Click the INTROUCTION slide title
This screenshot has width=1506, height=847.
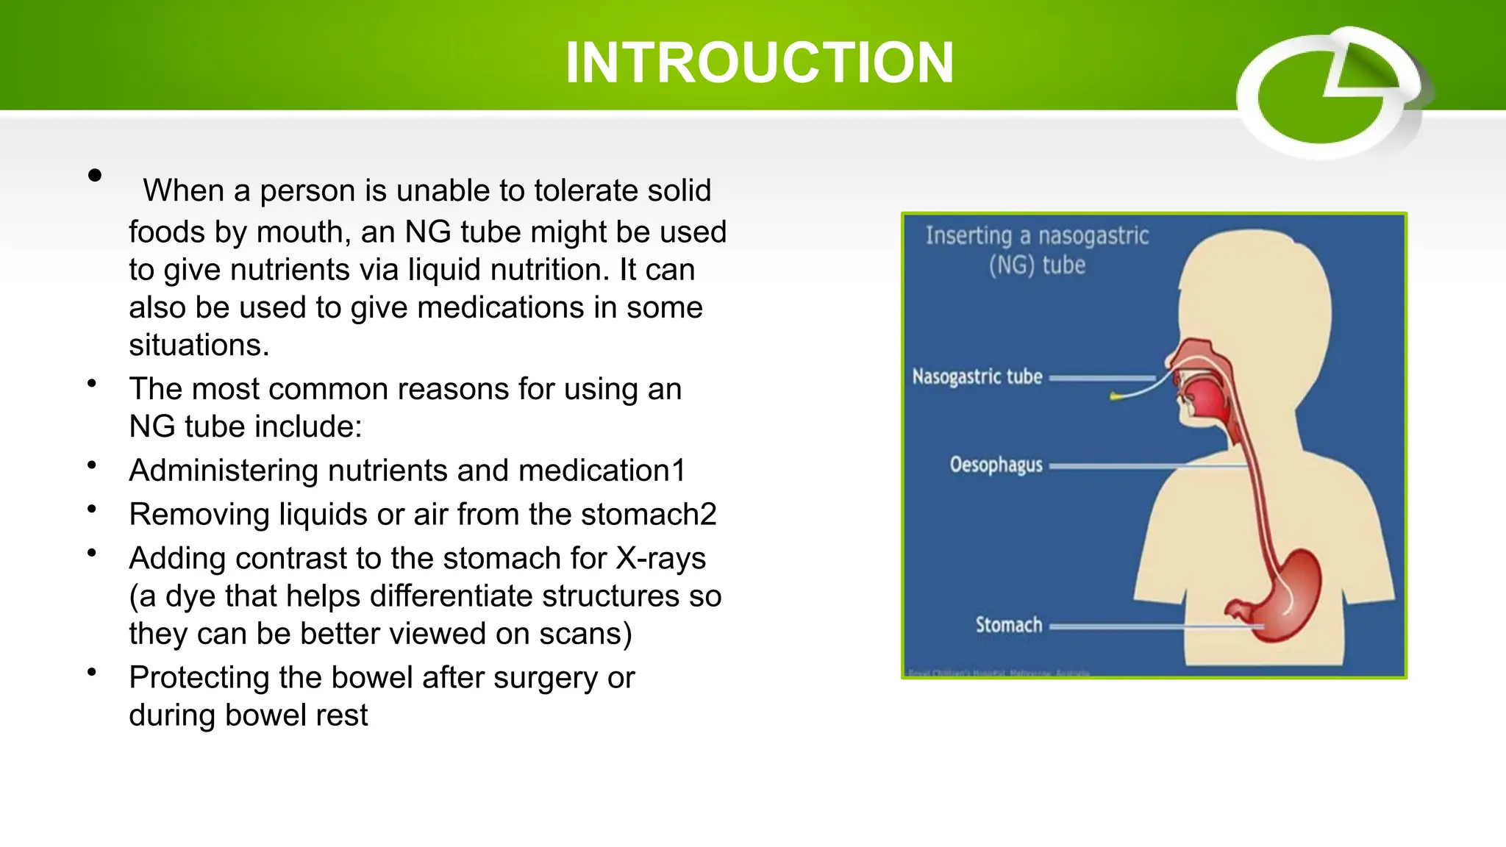point(759,63)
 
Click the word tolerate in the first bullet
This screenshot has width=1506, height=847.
point(574,190)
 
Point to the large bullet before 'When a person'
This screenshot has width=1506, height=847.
point(94,175)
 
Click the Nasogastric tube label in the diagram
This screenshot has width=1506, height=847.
point(977,377)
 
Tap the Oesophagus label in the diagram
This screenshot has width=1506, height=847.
point(996,465)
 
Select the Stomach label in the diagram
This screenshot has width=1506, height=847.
point(1008,625)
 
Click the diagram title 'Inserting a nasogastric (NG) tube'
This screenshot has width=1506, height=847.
point(1037,250)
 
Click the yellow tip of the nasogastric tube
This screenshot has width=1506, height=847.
point(1116,397)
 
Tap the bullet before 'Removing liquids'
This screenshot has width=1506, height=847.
point(92,509)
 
